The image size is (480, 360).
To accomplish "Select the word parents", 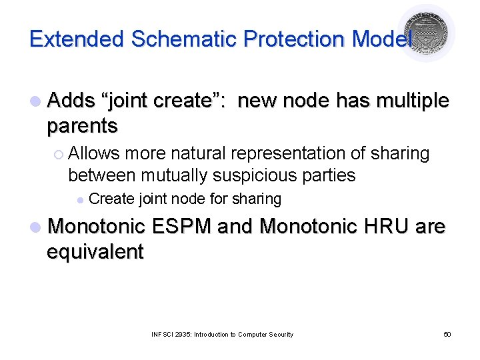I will point(82,126).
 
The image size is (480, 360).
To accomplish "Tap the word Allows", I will point(94,153).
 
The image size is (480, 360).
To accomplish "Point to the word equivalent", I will point(95,252).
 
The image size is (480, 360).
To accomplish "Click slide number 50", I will point(447,334).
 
